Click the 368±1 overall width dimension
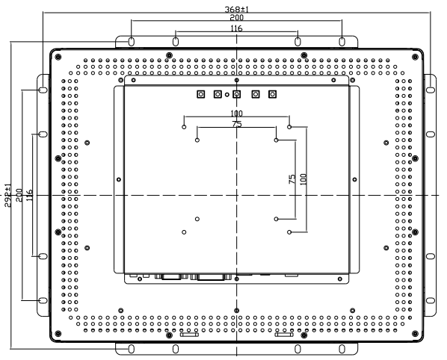[237, 10]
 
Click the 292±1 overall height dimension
[8, 196]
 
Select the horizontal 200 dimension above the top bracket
[237, 18]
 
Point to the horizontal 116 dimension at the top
[237, 28]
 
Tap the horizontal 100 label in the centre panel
[237, 114]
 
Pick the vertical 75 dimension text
[292, 179]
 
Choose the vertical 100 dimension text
[303, 179]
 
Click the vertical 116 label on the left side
[29, 196]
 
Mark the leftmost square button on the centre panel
[201, 94]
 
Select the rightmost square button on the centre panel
[273, 94]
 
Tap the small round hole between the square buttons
[227, 95]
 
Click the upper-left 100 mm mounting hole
[184, 127]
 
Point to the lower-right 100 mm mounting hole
[289, 232]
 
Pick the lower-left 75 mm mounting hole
[197, 219]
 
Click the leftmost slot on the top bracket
[131, 42]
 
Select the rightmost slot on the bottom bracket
[342, 349]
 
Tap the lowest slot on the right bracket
[431, 300]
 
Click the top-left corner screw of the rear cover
[58, 57]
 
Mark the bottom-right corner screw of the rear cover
[415, 334]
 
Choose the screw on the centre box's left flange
[119, 179]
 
